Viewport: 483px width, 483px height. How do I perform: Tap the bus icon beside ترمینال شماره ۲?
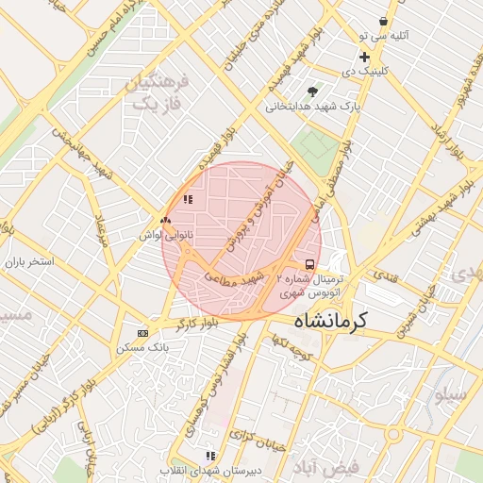[x=310, y=264]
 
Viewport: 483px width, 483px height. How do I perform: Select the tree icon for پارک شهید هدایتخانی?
[x=312, y=92]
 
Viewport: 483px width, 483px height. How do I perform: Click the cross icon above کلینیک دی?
[x=364, y=58]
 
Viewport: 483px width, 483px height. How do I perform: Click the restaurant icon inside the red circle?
[x=188, y=199]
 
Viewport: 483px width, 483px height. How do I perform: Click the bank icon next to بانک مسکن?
[x=142, y=333]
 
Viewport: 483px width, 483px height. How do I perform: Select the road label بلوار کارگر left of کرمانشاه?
[x=194, y=323]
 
